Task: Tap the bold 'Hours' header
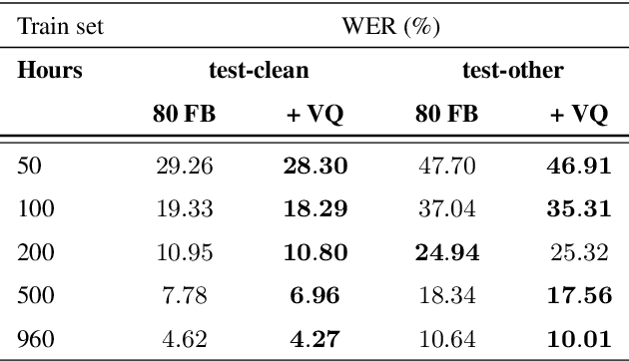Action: (x=49, y=71)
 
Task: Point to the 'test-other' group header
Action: (x=513, y=71)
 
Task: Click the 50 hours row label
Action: (x=31, y=166)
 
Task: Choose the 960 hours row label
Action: (x=36, y=339)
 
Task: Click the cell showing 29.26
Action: (x=184, y=166)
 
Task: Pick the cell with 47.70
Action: (x=445, y=166)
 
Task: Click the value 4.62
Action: (x=184, y=339)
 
